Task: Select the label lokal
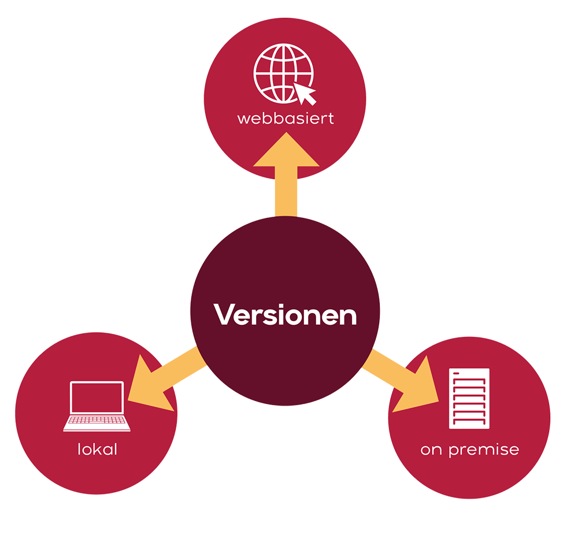point(97,449)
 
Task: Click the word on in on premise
point(431,449)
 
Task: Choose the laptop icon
point(97,406)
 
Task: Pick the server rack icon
point(469,398)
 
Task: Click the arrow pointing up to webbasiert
point(286,173)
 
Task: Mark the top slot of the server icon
point(469,374)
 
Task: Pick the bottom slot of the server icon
point(469,422)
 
